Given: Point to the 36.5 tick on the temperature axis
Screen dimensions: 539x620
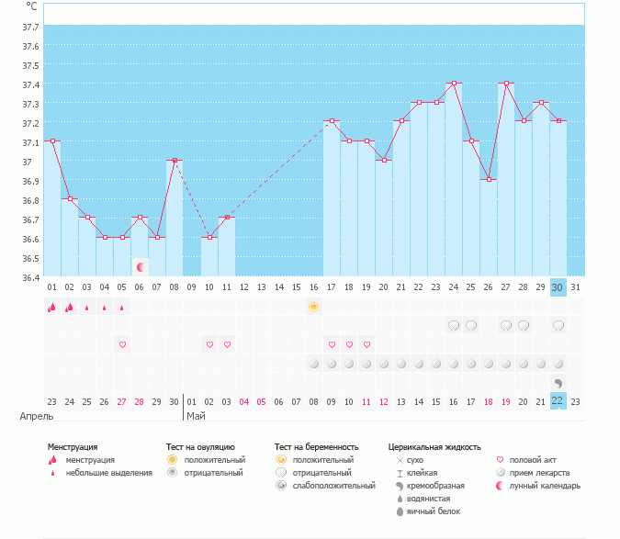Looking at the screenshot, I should click(x=30, y=259).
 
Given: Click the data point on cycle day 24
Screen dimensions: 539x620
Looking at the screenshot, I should click(x=454, y=83).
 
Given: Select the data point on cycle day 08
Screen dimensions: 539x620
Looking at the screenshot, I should click(x=175, y=161).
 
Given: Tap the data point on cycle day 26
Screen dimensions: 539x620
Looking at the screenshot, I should click(x=489, y=179).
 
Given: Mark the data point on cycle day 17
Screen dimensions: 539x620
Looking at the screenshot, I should click(x=332, y=121).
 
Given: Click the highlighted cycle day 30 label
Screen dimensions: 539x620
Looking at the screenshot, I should click(x=558, y=287).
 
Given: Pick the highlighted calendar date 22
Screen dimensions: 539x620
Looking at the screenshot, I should click(x=558, y=400).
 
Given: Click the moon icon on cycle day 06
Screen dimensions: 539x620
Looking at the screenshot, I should click(x=141, y=267).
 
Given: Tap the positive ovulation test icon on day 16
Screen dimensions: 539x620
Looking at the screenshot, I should click(x=313, y=307).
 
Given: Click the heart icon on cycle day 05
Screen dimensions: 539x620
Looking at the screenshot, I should click(x=122, y=344).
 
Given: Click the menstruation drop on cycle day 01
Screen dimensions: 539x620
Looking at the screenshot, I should click(x=52, y=307).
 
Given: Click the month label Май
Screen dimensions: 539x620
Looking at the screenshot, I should click(x=196, y=416).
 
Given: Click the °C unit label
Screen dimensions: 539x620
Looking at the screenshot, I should click(x=32, y=7).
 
